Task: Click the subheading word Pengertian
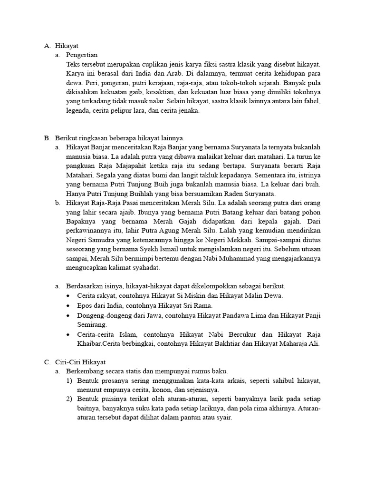(x=82, y=55)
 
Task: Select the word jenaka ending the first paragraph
(x=188, y=110)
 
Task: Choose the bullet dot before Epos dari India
(x=69, y=305)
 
